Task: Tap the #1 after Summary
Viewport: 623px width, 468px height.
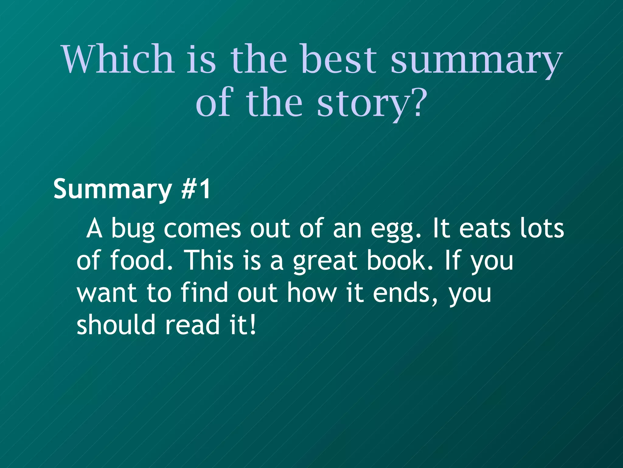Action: pos(196,189)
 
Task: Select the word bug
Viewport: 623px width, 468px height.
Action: pos(133,229)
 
